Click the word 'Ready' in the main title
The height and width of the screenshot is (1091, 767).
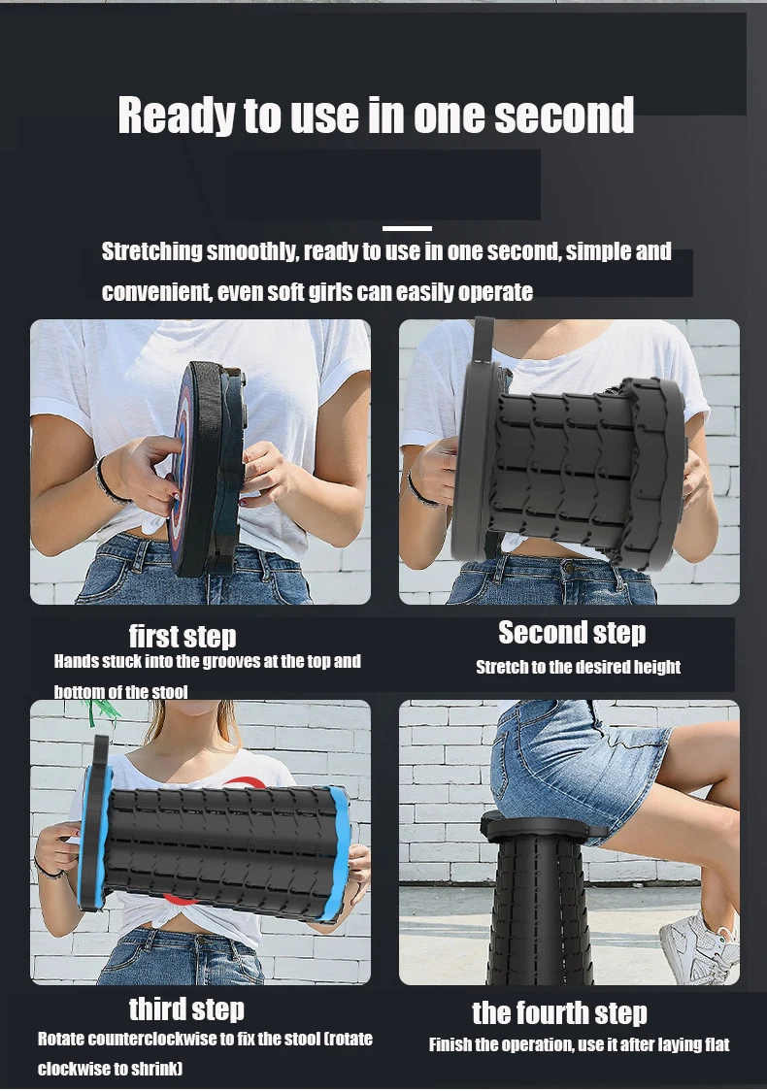point(177,116)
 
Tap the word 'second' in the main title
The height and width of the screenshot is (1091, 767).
point(564,115)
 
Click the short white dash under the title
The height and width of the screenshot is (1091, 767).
point(407,228)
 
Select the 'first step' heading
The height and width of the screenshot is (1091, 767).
point(183,636)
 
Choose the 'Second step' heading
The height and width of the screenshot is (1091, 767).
point(572,633)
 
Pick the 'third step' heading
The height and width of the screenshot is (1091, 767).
point(186,1008)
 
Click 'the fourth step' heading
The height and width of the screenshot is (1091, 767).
point(559,1012)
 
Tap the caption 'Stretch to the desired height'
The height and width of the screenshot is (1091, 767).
point(578,667)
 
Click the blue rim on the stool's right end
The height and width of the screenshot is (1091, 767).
point(339,852)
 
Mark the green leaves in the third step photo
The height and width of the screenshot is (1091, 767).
point(102,711)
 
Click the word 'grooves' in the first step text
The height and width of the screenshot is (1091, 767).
point(225,661)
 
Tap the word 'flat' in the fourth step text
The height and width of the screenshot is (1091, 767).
point(715,1044)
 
